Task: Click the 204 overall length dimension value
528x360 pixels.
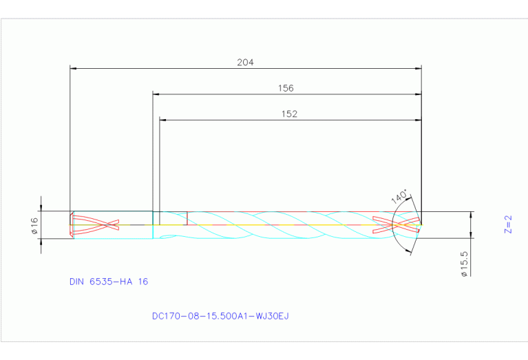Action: coord(245,62)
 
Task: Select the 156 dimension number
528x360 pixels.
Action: coord(285,88)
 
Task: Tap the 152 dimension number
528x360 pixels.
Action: coord(289,114)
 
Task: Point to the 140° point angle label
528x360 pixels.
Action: coord(399,195)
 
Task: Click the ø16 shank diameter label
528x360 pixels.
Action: coord(34,225)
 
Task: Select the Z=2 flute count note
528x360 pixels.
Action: coord(508,224)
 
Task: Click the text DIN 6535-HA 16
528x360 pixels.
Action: coord(109,282)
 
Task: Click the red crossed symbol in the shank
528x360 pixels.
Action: coord(96,224)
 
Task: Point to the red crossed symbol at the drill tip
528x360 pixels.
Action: coord(396,225)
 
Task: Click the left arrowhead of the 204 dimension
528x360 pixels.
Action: coord(74,68)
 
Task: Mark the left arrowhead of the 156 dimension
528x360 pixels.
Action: coord(156,94)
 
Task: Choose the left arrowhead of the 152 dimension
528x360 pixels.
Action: coord(163,120)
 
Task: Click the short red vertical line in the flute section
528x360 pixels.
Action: coord(187,218)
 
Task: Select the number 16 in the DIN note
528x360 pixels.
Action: coord(142,282)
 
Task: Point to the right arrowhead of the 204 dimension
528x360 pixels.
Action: coord(418,68)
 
